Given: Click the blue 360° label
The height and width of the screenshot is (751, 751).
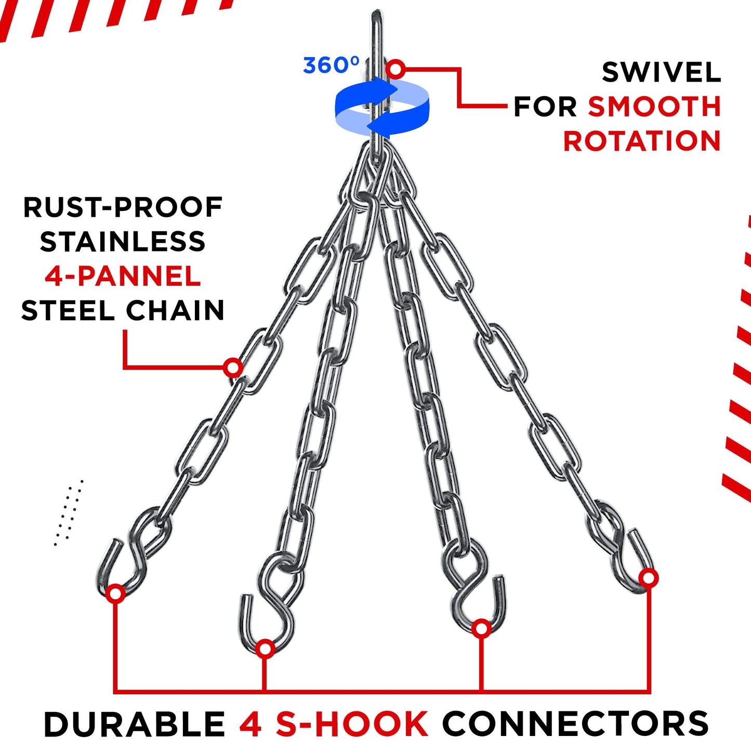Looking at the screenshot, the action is [331, 65].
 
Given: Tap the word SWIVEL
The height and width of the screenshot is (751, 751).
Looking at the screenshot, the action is [662, 72].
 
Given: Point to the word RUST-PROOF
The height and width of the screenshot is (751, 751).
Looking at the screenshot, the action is [123, 207].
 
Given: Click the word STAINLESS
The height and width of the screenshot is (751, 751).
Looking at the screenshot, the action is [123, 241].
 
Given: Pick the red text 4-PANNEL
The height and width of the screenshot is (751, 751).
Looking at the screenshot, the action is [123, 276].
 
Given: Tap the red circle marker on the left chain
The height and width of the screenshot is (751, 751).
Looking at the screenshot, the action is [233, 367].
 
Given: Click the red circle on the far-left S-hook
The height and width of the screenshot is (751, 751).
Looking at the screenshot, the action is [115, 594].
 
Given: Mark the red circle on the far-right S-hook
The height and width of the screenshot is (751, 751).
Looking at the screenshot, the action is [649, 578].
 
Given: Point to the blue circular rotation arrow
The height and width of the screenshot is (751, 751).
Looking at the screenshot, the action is [382, 106].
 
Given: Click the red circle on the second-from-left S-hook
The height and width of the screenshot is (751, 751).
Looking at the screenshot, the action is [265, 649].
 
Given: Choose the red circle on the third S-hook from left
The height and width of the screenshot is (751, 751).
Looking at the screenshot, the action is [482, 629].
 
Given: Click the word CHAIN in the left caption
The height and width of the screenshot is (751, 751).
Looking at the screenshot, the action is [175, 310].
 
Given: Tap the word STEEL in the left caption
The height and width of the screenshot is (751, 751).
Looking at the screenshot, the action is [68, 310].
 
